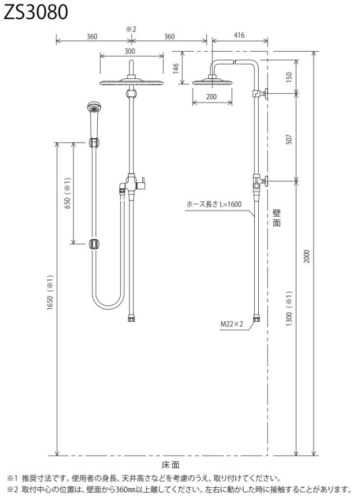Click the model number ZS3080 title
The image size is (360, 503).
(x=35, y=12)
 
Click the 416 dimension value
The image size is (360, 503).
(x=239, y=35)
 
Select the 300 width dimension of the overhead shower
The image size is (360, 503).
(x=129, y=51)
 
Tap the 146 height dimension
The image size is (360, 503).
(x=176, y=68)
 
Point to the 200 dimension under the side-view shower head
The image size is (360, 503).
(x=211, y=96)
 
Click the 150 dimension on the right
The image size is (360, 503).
(x=289, y=77)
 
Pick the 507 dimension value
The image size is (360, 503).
(x=289, y=139)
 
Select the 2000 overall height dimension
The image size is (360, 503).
(x=307, y=256)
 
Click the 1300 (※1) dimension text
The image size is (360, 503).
(x=289, y=308)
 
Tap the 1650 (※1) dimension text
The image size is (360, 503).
(x=50, y=292)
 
